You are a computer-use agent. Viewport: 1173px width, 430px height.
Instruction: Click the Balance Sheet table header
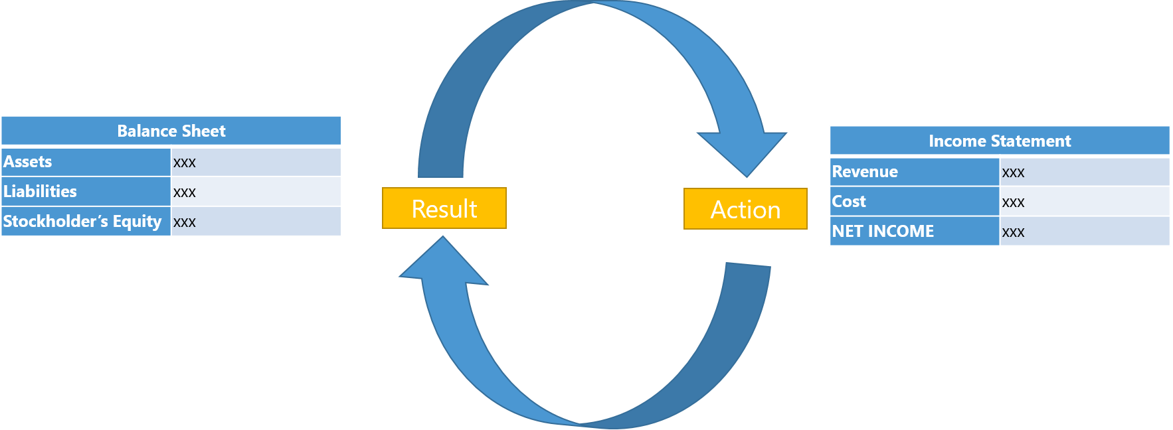click(x=171, y=131)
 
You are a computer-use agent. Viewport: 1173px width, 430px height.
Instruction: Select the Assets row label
click(x=28, y=162)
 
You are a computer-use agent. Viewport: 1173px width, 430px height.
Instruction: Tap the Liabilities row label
click(x=40, y=192)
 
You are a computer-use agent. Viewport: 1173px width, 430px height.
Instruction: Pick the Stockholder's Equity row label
click(x=82, y=222)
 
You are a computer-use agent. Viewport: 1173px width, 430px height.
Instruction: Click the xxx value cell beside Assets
click(x=185, y=163)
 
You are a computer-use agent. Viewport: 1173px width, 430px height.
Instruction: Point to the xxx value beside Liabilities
click(x=185, y=192)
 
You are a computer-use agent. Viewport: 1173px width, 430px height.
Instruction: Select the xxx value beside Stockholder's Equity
click(x=185, y=222)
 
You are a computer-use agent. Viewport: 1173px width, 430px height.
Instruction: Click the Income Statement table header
click(x=1000, y=141)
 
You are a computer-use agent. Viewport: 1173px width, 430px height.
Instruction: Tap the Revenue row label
click(x=865, y=172)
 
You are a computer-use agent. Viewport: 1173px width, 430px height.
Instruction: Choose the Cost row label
click(x=849, y=202)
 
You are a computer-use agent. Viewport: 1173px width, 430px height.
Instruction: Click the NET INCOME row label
click(x=883, y=232)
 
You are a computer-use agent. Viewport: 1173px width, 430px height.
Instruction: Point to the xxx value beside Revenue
click(x=1014, y=173)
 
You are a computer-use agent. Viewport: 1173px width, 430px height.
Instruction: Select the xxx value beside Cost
click(x=1014, y=202)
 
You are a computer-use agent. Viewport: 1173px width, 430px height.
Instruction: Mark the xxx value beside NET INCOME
click(x=1014, y=232)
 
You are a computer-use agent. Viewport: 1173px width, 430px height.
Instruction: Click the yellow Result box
click(x=444, y=208)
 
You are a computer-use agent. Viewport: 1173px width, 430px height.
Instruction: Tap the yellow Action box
click(x=745, y=209)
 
